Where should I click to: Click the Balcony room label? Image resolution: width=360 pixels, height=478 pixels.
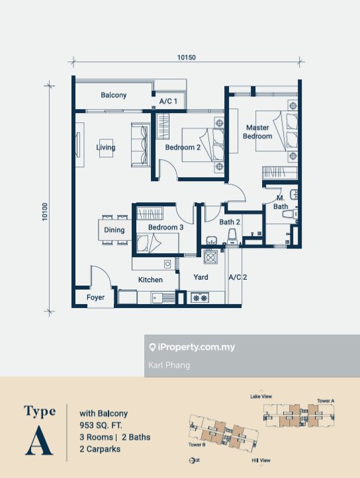[x=114, y=95]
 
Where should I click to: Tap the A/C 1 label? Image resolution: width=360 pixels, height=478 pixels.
[x=168, y=102]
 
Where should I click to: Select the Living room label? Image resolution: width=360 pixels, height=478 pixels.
[x=106, y=147]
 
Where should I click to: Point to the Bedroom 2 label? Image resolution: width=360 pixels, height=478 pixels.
[x=183, y=147]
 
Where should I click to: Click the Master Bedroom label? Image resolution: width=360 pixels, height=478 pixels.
[x=257, y=132]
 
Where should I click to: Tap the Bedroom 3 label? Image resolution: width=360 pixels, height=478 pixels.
[x=165, y=227]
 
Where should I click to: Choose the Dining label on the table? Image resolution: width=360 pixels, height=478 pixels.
[x=114, y=230]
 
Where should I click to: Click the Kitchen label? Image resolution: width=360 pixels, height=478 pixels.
[x=150, y=280]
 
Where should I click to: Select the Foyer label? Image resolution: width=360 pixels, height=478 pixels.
[x=96, y=298]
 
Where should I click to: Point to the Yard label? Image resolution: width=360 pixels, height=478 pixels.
[x=201, y=278]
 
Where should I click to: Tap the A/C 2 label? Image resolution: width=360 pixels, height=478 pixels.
[x=237, y=278]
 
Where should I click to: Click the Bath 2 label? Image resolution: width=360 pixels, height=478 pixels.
[x=230, y=222]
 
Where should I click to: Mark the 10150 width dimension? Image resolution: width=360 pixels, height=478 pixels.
[x=187, y=58]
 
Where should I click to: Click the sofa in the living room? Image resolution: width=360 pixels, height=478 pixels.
[x=140, y=145]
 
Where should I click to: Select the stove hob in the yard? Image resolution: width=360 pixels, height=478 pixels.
[x=200, y=298]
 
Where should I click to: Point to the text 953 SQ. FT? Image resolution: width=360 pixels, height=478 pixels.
[x=102, y=424]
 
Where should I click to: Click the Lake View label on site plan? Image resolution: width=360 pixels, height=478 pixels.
[x=261, y=397]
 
